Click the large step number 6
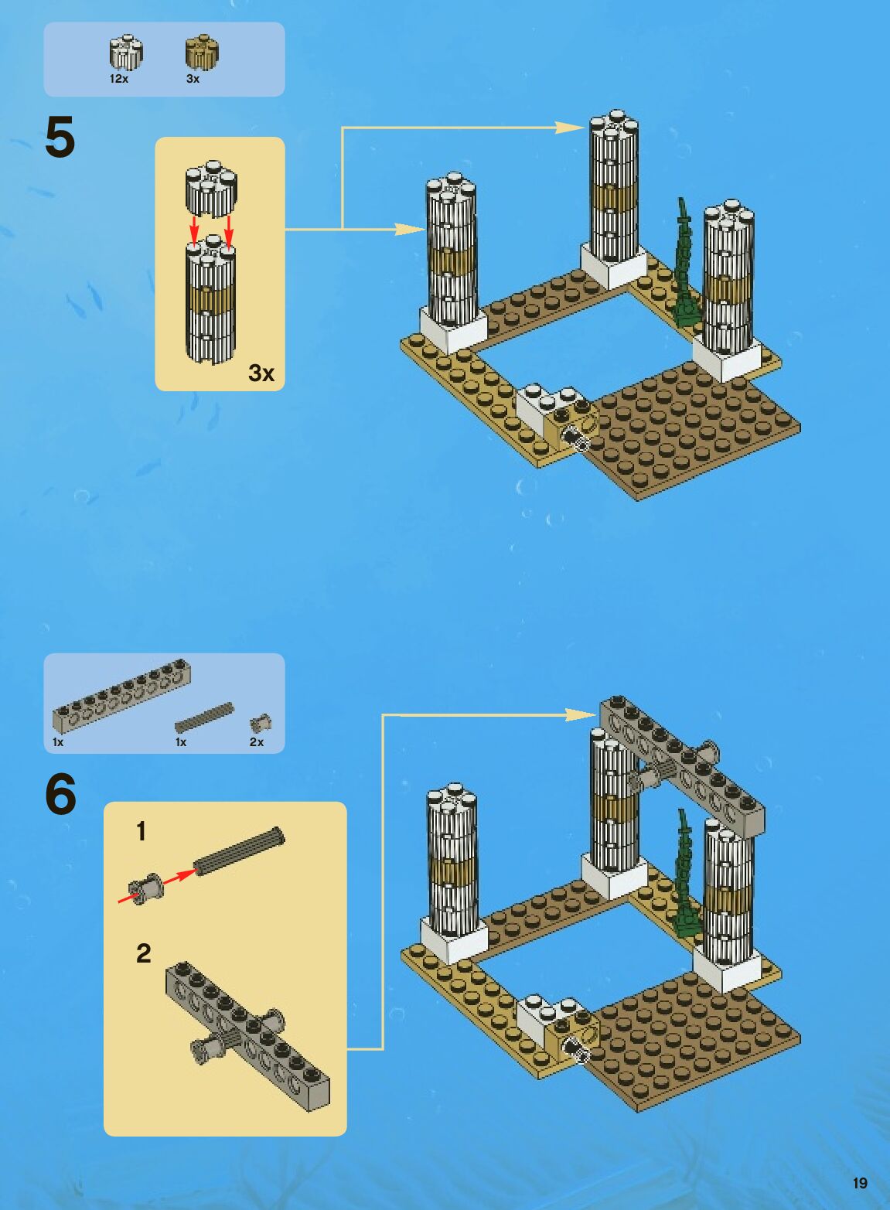[61, 794]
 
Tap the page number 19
[860, 1183]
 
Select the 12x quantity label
[118, 79]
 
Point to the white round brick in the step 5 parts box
[125, 53]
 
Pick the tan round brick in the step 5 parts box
[202, 53]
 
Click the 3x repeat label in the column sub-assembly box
[261, 373]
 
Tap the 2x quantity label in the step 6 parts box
[257, 742]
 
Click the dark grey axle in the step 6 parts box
[204, 717]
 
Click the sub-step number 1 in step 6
[141, 832]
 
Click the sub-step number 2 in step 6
[143, 953]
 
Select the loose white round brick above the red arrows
[210, 189]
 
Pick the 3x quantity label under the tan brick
[193, 79]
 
